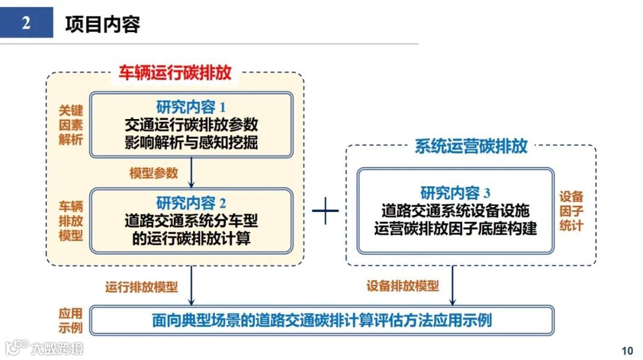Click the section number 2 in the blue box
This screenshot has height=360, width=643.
[26, 23]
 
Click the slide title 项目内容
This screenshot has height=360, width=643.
[102, 24]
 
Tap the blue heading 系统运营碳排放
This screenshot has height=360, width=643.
[471, 146]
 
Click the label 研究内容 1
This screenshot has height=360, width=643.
[191, 108]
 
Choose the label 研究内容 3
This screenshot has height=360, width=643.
[455, 193]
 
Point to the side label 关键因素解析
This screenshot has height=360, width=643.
[70, 125]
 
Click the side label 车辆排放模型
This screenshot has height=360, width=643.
[70, 220]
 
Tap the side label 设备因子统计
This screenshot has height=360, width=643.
[571, 211]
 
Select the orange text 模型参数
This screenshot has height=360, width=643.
[154, 173]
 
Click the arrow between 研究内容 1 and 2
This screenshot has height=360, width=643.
[191, 173]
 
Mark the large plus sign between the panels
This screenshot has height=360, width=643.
[325, 211]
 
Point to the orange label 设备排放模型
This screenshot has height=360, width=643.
[402, 286]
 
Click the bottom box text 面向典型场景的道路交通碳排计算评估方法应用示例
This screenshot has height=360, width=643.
[321, 321]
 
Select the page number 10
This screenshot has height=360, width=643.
[627, 350]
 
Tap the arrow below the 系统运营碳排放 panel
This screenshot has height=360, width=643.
[452, 286]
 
